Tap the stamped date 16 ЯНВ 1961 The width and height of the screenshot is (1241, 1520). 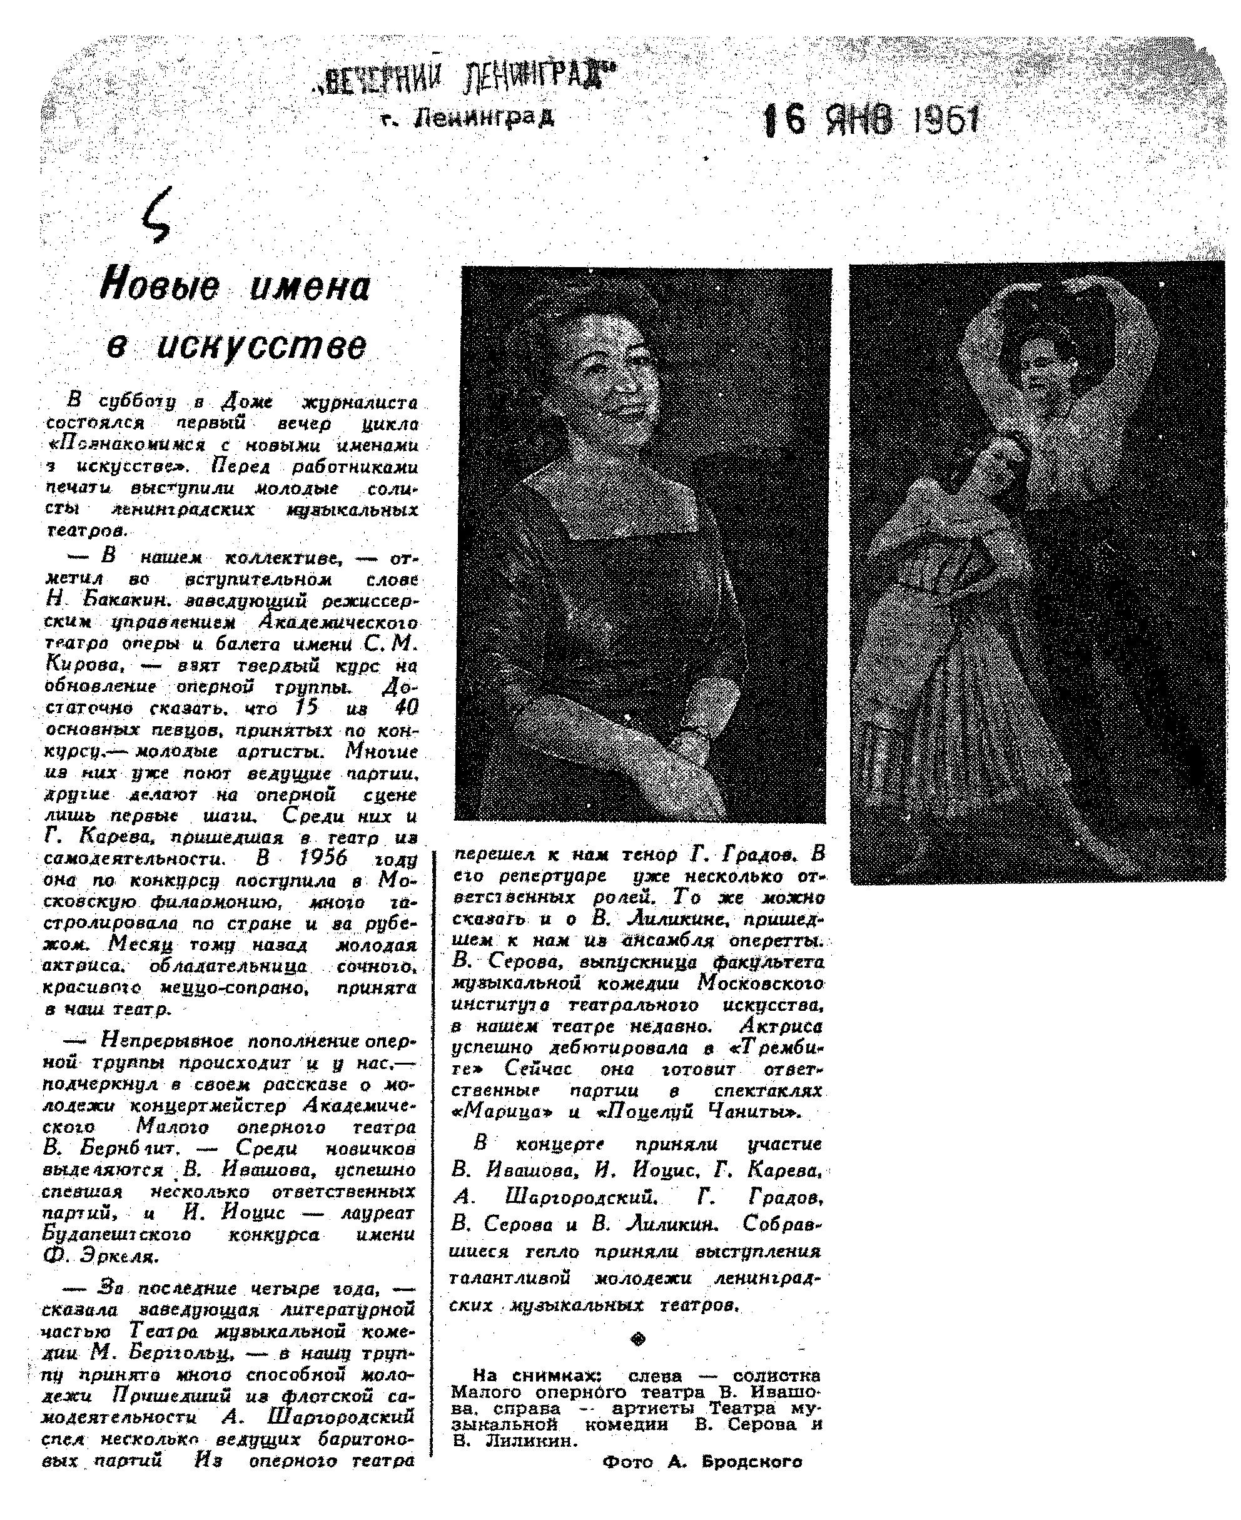pyautogui.click(x=871, y=120)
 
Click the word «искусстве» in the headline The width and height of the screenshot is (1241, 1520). pyautogui.click(x=236, y=346)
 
